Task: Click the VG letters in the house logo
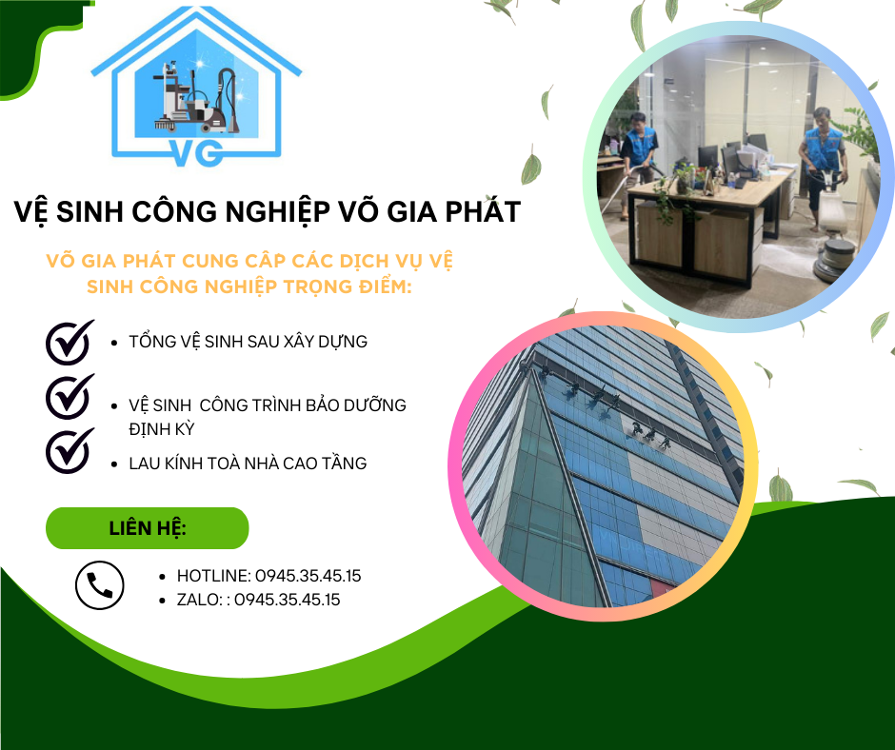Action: [196, 152]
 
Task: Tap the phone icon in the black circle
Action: [100, 585]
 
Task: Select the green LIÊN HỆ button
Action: [148, 528]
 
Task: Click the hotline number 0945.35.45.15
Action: [308, 576]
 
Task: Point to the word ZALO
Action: [198, 600]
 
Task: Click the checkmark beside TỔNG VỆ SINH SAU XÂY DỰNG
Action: [70, 342]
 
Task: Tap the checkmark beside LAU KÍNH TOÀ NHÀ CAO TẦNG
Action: [70, 450]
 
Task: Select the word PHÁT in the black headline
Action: [483, 211]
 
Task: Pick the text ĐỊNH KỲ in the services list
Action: [162, 429]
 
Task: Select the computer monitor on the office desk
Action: [707, 158]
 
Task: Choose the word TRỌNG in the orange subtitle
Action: [319, 286]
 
